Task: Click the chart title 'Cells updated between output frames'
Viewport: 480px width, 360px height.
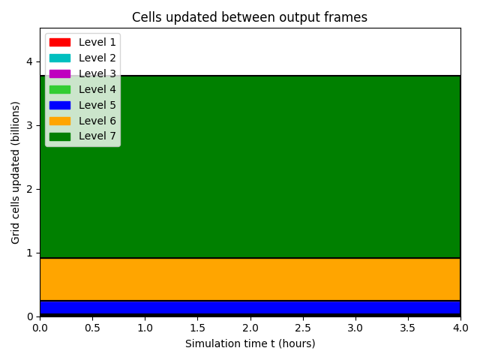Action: coord(250,17)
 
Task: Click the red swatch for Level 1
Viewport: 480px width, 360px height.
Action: coord(60,42)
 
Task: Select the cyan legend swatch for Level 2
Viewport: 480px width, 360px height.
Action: coord(60,58)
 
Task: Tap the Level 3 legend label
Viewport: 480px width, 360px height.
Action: coord(97,73)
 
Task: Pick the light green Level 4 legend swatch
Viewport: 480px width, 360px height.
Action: coord(60,89)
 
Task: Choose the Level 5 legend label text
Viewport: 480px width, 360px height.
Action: coord(97,105)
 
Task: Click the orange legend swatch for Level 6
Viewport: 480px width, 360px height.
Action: coord(60,121)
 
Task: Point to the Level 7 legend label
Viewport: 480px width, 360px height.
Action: coord(97,136)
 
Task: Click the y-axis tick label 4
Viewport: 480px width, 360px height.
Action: coord(29,61)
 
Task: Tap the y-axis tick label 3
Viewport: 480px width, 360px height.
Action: coord(29,125)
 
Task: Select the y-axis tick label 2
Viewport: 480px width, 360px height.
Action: coord(29,189)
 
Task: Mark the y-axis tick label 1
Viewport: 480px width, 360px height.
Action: coord(29,253)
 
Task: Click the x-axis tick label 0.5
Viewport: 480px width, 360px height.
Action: coord(92,328)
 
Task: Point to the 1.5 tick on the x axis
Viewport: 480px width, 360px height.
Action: coord(198,328)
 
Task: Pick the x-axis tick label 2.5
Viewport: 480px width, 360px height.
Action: coord(303,328)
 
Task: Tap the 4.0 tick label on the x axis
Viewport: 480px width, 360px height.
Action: coord(460,328)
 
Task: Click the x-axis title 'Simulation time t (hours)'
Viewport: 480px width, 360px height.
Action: coord(250,343)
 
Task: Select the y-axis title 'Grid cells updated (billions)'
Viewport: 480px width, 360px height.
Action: coord(15,172)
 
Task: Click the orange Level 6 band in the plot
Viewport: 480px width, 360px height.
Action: coord(250,280)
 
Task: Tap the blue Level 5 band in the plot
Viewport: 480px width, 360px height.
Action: coord(250,307)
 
